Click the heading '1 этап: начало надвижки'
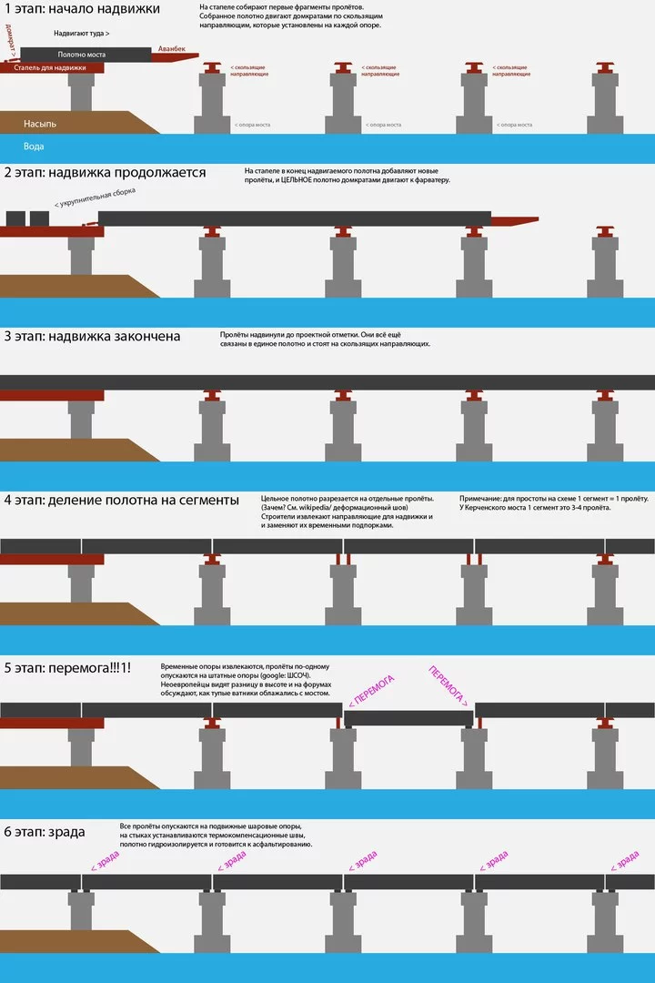(x=82, y=9)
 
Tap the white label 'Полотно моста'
(x=82, y=55)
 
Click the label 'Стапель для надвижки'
(x=51, y=67)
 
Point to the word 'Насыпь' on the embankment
(x=40, y=122)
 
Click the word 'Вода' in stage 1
(x=34, y=146)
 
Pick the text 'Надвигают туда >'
(x=82, y=33)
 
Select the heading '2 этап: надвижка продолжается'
(x=104, y=172)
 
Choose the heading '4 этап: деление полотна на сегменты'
(x=121, y=500)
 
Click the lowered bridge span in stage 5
(x=408, y=718)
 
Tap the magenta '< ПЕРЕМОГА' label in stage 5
(x=371, y=689)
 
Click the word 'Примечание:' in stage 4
(x=481, y=498)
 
